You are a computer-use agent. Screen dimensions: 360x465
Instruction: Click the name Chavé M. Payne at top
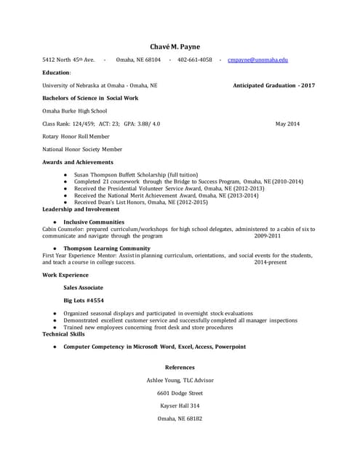tap(179, 46)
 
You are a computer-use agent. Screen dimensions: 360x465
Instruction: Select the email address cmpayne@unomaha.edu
tap(257, 60)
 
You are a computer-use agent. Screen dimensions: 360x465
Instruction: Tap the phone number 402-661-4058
tap(195, 60)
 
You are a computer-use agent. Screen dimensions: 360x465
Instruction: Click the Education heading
tap(57, 73)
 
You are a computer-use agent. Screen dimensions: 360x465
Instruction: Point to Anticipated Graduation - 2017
tap(273, 86)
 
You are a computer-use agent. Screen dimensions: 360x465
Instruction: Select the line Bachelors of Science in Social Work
tap(90, 98)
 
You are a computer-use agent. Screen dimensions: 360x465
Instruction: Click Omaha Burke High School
tap(75, 111)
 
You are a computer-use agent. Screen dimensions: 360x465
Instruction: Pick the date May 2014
tap(287, 124)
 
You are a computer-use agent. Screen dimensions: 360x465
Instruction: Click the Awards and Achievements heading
tap(78, 162)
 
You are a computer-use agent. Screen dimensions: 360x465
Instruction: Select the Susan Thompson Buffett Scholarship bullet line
tap(135, 175)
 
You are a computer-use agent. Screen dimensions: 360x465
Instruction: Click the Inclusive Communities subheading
tap(94, 222)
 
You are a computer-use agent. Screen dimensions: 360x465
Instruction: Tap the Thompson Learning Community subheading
tap(107, 248)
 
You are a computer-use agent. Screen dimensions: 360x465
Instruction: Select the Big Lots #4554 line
tap(84, 300)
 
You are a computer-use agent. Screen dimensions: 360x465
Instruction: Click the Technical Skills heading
tap(63, 333)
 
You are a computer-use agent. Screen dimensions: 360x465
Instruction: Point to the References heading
tap(180, 368)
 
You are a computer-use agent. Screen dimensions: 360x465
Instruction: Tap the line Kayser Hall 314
tap(180, 405)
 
